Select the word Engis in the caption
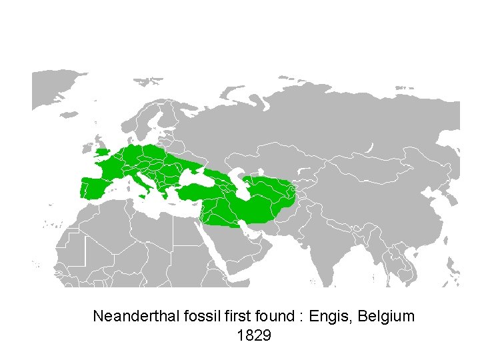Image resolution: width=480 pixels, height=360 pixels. pos(332,316)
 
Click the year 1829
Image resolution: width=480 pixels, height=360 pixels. pos(253,335)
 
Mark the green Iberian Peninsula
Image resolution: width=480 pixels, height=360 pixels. pos(93,187)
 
